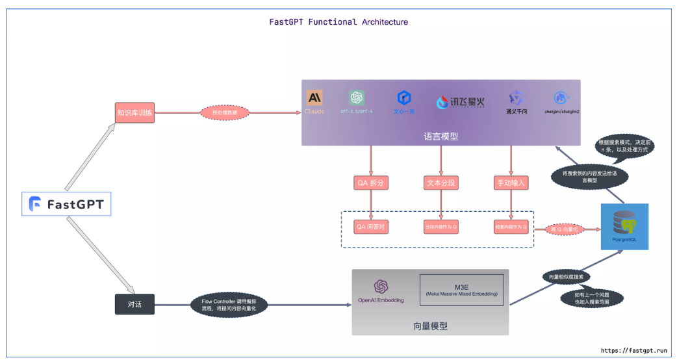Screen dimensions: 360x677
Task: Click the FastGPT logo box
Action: [67, 205]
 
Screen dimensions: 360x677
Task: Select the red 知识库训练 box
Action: [134, 112]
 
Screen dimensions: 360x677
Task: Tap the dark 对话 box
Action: [134, 304]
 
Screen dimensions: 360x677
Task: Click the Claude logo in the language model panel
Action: [314, 98]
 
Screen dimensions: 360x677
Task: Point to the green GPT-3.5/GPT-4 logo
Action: [356, 98]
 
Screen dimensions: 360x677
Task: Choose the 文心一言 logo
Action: [403, 98]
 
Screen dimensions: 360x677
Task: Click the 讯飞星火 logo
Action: [460, 102]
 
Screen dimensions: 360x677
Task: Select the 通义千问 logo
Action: [517, 98]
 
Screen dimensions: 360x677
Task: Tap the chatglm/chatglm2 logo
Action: [561, 98]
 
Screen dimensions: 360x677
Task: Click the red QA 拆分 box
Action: [371, 183]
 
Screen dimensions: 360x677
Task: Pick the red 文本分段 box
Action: [441, 183]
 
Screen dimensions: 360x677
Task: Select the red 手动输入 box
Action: [511, 183]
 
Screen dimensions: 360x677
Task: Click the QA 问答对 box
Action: [371, 227]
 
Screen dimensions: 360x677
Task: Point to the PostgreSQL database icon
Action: [624, 225]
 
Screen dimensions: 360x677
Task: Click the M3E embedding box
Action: [462, 290]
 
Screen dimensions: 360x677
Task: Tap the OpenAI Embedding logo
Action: [381, 287]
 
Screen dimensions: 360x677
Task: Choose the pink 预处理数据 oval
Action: [225, 112]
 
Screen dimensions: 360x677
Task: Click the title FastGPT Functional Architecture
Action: [338, 21]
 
